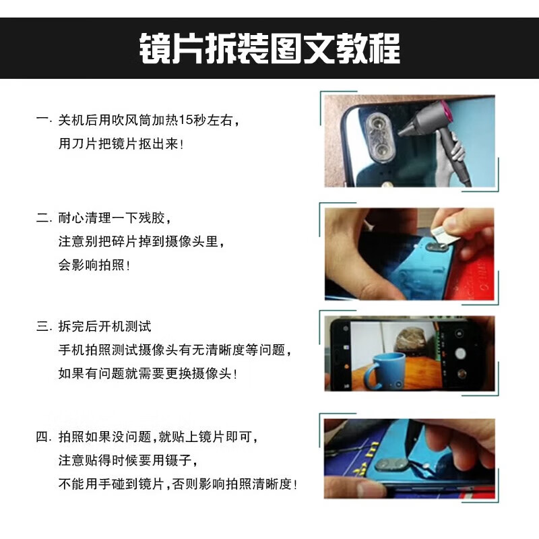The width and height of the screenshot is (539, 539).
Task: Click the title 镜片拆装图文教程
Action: pos(269,48)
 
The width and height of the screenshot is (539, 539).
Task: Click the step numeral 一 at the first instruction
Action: pos(42,120)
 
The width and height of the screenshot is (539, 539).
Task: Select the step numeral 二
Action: pos(42,218)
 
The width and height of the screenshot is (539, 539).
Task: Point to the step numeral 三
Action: pos(42,326)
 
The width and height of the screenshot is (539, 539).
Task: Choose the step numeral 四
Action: pos(42,437)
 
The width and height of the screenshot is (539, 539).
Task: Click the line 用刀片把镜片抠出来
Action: pos(121,144)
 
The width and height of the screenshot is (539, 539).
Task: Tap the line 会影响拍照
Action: pos(94,265)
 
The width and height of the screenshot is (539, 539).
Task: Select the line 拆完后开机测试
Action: pos(104,326)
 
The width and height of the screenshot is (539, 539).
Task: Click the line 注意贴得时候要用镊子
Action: pos(127,460)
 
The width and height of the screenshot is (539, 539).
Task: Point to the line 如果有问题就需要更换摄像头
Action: pos(148,373)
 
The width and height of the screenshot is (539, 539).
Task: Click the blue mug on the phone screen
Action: pos(385,371)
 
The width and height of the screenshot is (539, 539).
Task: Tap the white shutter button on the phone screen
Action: pos(460,353)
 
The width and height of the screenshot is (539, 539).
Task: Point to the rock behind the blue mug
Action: pos(410,339)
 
